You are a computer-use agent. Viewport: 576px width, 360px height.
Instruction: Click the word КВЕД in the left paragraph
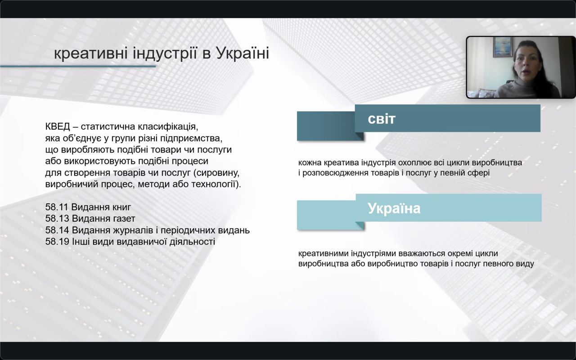(58, 126)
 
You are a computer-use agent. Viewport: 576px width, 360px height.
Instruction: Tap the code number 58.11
(57, 207)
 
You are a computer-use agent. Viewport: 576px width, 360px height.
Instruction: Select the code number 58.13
(57, 219)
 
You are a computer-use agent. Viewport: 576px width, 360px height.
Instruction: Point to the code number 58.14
(57, 230)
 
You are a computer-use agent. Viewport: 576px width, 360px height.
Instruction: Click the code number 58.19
(57, 242)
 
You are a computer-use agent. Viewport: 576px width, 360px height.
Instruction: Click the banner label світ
(382, 119)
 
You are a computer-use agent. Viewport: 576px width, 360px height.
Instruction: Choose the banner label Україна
(394, 208)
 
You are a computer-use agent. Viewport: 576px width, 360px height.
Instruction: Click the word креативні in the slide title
(91, 54)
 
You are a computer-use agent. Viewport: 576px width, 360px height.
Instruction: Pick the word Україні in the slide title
(243, 53)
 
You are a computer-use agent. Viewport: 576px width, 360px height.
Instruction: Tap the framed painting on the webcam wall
(502, 47)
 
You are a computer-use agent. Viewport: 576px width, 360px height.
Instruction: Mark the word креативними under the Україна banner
(324, 253)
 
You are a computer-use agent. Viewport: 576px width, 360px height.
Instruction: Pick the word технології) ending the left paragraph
(216, 184)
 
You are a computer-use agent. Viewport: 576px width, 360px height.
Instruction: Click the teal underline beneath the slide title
(78, 66)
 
